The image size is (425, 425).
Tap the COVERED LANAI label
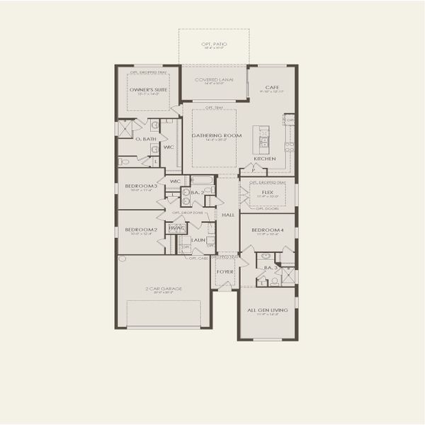213,80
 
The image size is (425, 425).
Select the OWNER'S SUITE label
147,90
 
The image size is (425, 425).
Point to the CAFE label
271,87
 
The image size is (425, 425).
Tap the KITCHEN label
265,159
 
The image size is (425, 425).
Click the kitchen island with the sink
263,140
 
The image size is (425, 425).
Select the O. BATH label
145,139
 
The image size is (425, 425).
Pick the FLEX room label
267,191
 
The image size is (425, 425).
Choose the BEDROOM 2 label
141,229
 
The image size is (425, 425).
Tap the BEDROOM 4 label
267,229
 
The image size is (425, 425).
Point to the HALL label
228,214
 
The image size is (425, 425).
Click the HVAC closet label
178,227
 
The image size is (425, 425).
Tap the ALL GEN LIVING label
267,310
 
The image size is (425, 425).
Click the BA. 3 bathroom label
270,268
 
